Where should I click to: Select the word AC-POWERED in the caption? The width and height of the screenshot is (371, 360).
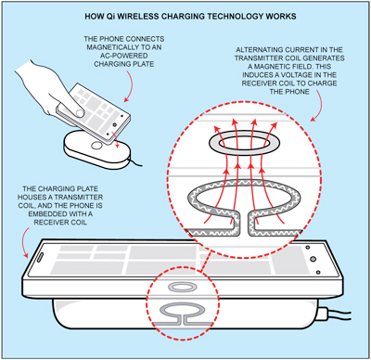click(x=123, y=56)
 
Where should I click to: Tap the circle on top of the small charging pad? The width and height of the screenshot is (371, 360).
click(x=97, y=145)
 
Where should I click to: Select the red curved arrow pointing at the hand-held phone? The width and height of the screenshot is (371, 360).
click(x=132, y=86)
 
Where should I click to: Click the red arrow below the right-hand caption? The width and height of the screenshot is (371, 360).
click(x=321, y=108)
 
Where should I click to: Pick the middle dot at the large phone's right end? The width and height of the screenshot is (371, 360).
click(x=313, y=259)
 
